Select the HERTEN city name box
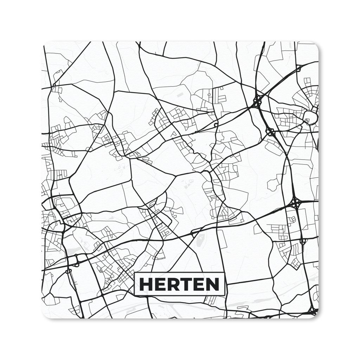pos(180,284)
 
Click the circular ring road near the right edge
pos(310,117)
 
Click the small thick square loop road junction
pos(216,125)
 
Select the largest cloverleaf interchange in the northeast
pos(257,101)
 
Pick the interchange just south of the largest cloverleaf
pos(270,132)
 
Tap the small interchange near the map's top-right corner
pos(298,68)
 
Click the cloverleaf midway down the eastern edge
pos(295,203)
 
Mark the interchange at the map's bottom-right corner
pos(313,310)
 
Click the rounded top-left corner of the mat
pos(45,45)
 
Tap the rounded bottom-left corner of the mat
pos(45,316)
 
